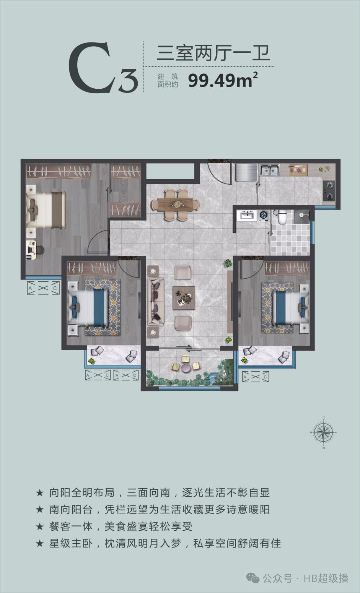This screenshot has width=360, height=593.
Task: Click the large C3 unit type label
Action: coord(103,68)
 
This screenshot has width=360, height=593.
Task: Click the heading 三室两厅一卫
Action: coord(213,53)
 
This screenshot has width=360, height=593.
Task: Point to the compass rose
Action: coord(323,432)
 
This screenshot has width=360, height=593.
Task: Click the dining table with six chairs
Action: coord(175,205)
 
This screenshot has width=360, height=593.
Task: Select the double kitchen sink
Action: coord(269,170)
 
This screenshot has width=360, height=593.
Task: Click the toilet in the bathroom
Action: coord(282,217)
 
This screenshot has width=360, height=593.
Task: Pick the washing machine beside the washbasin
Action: coord(263,215)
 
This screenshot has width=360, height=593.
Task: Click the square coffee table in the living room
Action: coord(184,298)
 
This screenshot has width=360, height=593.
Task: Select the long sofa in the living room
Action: coord(156,302)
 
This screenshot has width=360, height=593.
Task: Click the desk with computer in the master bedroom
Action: coord(31,250)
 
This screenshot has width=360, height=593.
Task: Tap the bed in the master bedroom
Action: coord(46,210)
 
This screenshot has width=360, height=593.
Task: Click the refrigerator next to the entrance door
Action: coord(247,172)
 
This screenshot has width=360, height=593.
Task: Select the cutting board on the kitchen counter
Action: coord(298,170)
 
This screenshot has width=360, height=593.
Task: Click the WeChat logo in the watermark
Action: coord(253,578)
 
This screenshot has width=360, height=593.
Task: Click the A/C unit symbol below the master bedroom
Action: coord(44,288)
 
